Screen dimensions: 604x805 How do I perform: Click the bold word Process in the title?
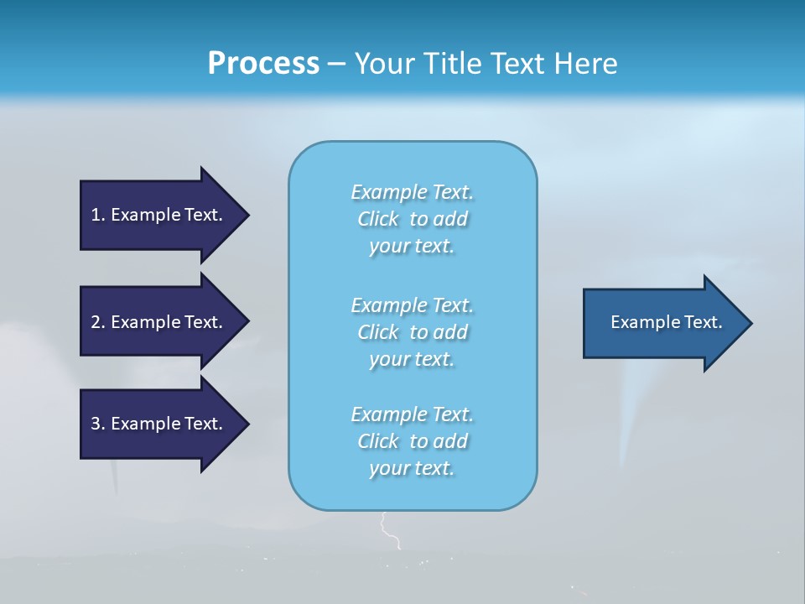click(x=263, y=64)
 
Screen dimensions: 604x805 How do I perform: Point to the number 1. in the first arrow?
click(x=98, y=215)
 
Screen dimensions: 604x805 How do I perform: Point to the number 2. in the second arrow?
click(x=98, y=322)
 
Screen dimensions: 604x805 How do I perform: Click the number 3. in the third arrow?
click(x=98, y=424)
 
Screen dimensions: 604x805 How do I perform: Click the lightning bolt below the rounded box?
click(x=388, y=531)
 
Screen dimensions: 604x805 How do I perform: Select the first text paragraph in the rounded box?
click(x=413, y=219)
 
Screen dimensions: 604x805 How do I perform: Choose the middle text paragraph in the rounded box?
click(x=413, y=332)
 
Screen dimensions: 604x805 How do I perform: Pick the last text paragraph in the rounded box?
click(x=413, y=441)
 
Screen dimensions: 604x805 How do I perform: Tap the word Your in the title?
click(x=385, y=64)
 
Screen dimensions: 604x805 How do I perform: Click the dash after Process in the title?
click(x=337, y=64)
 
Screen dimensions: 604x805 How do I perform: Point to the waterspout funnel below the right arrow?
click(x=627, y=419)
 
